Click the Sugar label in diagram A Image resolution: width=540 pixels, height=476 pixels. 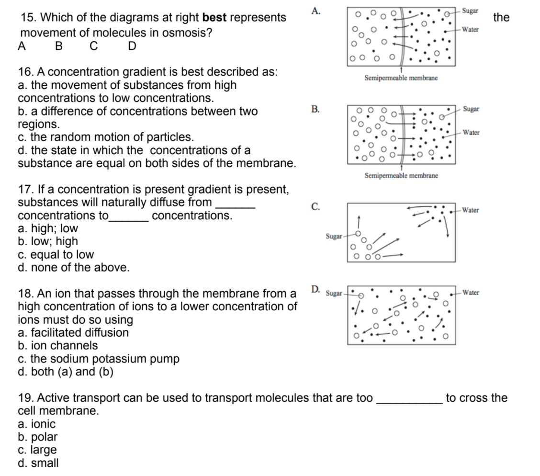coord(470,10)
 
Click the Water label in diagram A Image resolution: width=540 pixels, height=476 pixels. coord(471,29)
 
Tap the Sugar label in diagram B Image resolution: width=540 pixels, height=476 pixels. coord(471,109)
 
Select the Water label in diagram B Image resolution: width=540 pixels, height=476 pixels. coord(471,132)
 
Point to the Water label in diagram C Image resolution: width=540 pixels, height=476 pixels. coord(471,210)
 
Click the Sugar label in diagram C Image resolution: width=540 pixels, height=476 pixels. coord(334,236)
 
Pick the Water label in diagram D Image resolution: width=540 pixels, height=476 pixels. coord(471,292)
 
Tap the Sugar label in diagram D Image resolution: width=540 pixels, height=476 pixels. coord(334,292)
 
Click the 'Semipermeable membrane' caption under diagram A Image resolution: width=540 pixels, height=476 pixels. coord(401,78)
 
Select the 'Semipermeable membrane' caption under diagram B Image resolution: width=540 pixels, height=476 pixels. coord(401,176)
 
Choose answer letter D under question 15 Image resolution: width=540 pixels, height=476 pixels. coord(132,46)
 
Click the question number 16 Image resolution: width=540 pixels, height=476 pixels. coord(25,72)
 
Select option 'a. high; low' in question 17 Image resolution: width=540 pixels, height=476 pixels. coord(47,228)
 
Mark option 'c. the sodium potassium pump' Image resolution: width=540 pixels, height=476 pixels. coord(98,359)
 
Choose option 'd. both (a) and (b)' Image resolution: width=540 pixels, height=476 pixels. coord(65,372)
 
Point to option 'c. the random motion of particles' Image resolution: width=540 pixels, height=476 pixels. coord(105,137)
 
